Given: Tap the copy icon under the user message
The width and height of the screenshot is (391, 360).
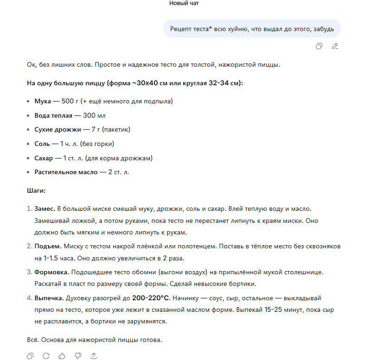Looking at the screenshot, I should coord(319,46).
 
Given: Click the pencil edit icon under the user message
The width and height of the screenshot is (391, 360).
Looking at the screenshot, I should coord(335,46).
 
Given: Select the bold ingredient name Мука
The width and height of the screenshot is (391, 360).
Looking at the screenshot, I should coord(43,101).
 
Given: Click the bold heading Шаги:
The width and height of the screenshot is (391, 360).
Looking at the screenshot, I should coord(36,190).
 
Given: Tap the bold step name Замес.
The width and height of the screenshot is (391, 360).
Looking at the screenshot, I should coord(45,209).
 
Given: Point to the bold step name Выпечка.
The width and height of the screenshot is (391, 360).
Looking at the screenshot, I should coord(49,298).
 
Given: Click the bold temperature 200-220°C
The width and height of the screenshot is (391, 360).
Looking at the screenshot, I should coord(151,298).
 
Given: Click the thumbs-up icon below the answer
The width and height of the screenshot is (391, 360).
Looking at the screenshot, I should coord(62,356).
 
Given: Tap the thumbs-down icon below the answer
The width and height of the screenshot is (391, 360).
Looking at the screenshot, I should coord(78,356).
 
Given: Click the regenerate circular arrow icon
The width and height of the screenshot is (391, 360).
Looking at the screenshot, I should coord(46,356).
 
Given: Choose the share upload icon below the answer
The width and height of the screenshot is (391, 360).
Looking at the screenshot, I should coord(94,356).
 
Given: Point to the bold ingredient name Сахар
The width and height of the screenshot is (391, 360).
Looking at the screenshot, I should coord(44,158).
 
